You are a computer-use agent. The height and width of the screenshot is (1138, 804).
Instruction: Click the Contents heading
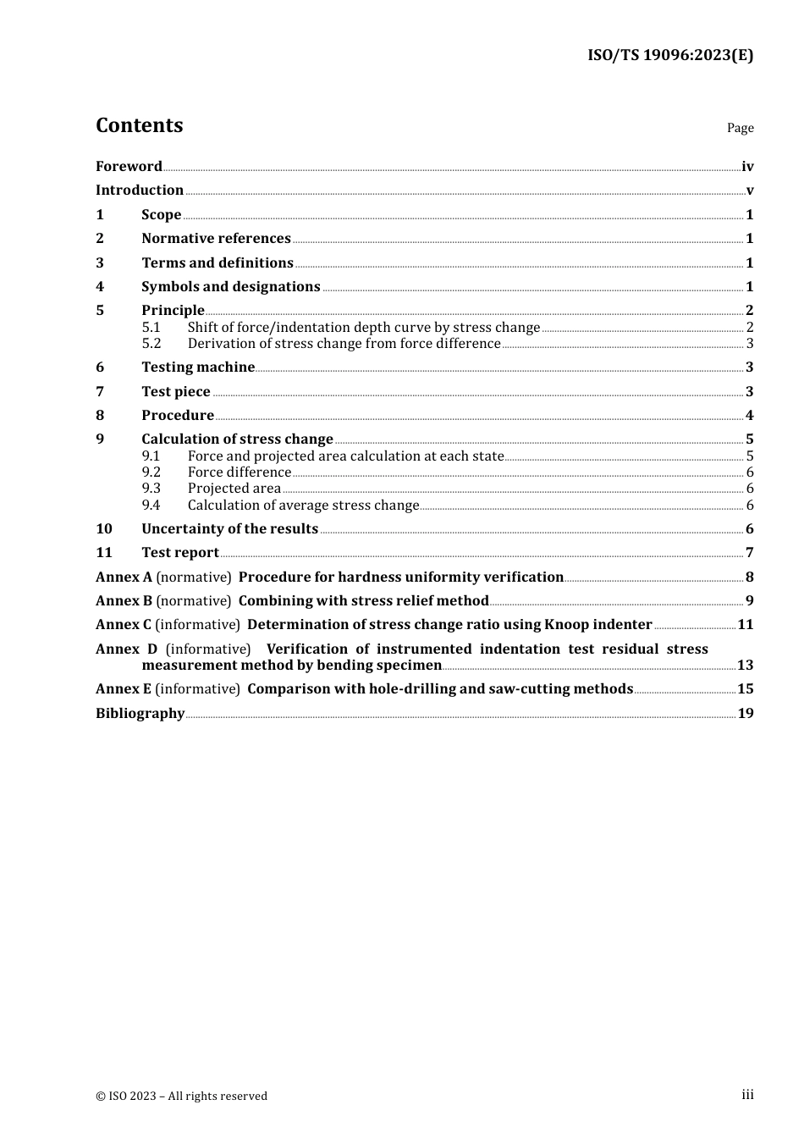[x=139, y=125]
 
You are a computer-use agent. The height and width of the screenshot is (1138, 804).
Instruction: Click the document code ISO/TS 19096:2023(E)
[x=670, y=55]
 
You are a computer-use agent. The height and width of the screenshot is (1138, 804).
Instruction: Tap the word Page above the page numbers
[x=740, y=128]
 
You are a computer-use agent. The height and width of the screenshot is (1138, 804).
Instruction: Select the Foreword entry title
[x=129, y=167]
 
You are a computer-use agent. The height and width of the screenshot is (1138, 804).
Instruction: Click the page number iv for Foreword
[x=747, y=167]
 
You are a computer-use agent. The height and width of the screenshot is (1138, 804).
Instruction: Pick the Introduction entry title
[x=140, y=191]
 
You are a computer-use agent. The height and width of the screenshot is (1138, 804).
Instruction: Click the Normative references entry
[x=216, y=239]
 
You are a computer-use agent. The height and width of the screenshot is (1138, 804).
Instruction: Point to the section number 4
[x=100, y=287]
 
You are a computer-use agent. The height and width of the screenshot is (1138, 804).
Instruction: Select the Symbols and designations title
[x=230, y=287]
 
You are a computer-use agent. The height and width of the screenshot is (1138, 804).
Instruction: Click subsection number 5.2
[x=151, y=344]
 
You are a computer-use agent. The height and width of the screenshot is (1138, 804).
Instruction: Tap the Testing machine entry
[x=198, y=367]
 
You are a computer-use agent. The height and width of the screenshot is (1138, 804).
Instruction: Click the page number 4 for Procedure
[x=749, y=416]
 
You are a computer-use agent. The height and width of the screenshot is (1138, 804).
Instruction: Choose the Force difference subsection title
[x=240, y=472]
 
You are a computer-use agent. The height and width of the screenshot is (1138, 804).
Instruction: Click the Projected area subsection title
[x=234, y=489]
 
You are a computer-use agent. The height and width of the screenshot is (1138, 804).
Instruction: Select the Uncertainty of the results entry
[x=229, y=529]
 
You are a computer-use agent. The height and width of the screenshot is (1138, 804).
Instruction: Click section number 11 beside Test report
[x=104, y=553]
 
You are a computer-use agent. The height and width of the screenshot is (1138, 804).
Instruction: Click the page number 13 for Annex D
[x=745, y=666]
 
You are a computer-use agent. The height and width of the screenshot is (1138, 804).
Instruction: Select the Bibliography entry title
[x=140, y=714]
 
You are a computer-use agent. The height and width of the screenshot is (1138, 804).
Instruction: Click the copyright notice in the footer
[x=181, y=1097]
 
